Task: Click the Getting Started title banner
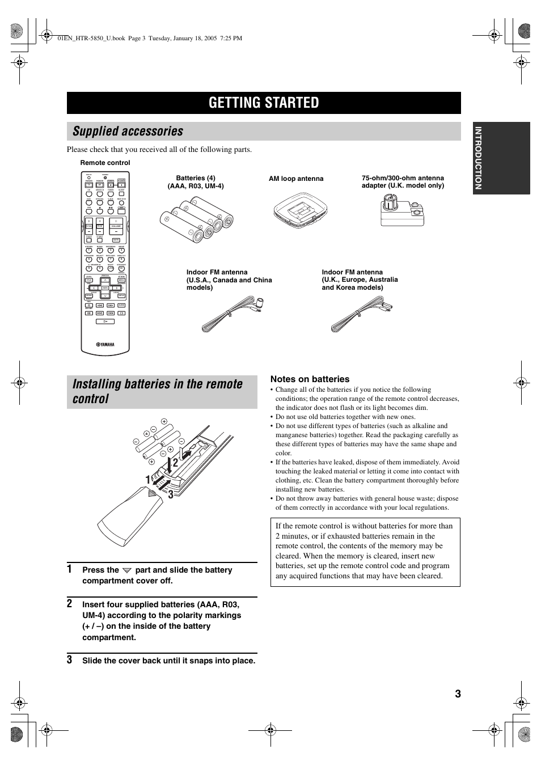click(264, 103)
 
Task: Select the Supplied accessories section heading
click(128, 132)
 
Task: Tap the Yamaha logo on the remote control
click(105, 344)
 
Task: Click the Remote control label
click(105, 163)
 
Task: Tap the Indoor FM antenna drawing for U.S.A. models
click(234, 315)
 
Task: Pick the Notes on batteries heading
click(310, 379)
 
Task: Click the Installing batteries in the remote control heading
click(158, 391)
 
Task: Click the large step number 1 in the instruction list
click(70, 569)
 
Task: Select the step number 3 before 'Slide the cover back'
click(70, 660)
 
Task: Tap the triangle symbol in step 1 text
click(127, 570)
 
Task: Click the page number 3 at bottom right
click(457, 694)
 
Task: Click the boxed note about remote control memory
click(365, 551)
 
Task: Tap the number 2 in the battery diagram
click(175, 463)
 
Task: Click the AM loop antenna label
click(296, 179)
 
